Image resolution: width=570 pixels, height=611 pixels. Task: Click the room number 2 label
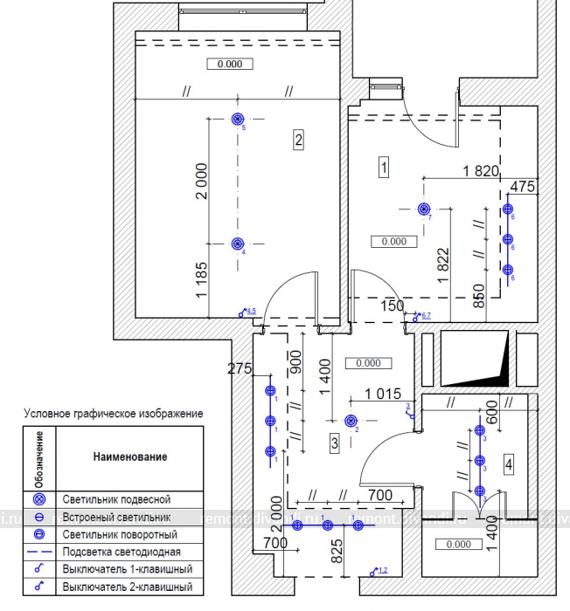(x=298, y=138)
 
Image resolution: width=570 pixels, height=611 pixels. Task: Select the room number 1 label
(x=383, y=166)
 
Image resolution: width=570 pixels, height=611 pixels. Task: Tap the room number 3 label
(x=334, y=443)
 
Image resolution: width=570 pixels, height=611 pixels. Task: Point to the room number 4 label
(x=508, y=464)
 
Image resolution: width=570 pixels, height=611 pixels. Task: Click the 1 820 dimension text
(x=476, y=171)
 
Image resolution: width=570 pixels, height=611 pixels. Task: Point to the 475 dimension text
(x=521, y=186)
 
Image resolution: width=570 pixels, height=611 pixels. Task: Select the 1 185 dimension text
(x=202, y=278)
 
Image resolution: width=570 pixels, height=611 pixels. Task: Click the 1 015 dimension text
(x=383, y=394)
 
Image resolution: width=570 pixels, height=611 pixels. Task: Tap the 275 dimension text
(x=239, y=368)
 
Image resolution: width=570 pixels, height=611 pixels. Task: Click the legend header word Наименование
(x=129, y=457)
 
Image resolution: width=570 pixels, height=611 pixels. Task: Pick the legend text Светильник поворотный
(x=120, y=534)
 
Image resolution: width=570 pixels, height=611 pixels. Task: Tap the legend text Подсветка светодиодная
(x=122, y=552)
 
